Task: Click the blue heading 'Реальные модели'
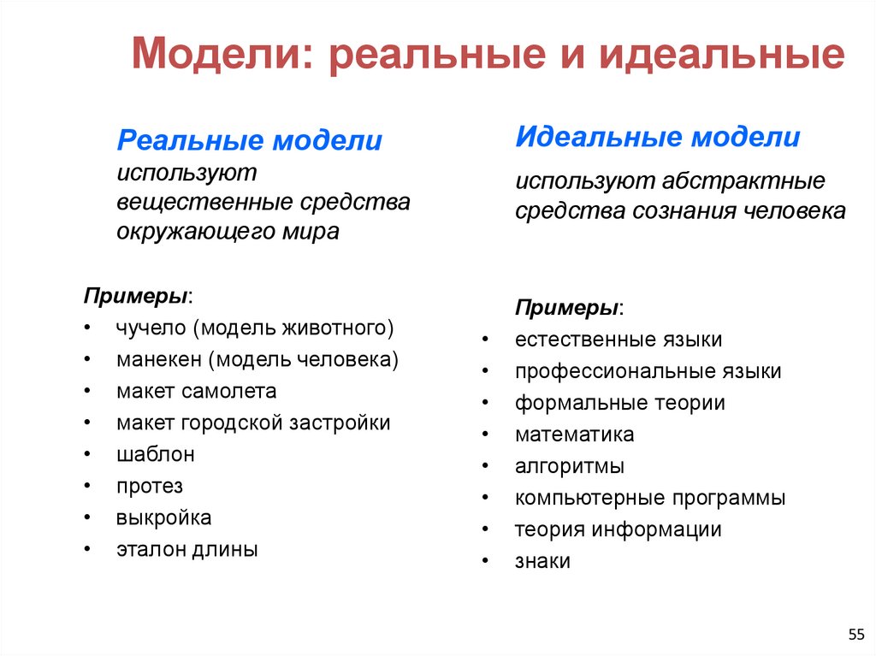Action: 249,141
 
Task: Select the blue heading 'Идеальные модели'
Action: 658,137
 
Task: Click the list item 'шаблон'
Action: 156,454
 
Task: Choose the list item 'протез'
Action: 150,487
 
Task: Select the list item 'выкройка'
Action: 163,518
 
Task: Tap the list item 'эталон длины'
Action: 187,550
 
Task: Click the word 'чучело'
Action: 151,328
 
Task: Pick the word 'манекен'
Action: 158,359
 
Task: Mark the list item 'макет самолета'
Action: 197,391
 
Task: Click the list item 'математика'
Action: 574,434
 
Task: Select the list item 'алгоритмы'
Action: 569,466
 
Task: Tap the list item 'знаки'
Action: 542,562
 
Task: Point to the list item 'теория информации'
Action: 618,530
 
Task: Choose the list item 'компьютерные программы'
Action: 649,498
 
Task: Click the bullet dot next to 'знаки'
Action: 485,562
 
